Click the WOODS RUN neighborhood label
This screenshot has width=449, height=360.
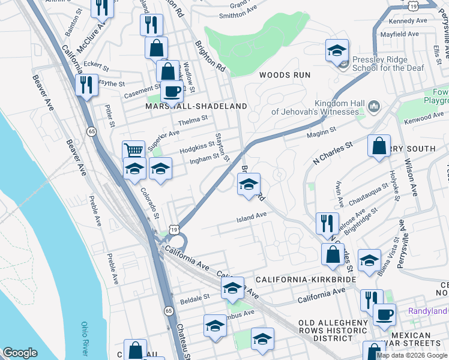click(x=285, y=75)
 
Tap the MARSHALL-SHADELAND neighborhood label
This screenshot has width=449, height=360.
click(x=196, y=106)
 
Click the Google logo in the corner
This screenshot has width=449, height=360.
click(x=20, y=353)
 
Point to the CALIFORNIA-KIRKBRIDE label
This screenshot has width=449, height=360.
click(x=306, y=280)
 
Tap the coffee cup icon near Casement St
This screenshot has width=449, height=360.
click(x=172, y=92)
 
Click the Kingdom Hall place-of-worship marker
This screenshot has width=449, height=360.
click(x=373, y=107)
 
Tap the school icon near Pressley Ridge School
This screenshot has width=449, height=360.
click(x=337, y=51)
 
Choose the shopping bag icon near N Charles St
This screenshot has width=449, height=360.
click(x=379, y=146)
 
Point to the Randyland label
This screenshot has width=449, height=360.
click(x=427, y=311)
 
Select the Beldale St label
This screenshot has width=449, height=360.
click(x=195, y=296)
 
